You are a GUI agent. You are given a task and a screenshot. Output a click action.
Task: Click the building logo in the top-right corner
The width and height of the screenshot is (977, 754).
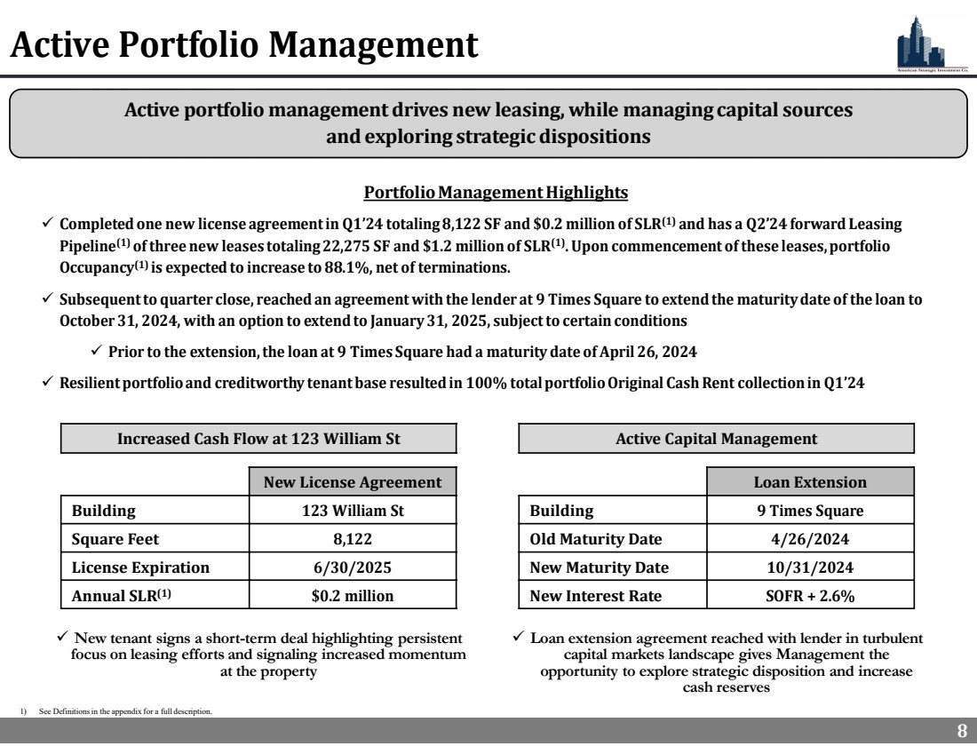919,41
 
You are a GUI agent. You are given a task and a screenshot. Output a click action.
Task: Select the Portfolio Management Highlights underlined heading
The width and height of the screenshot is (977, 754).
496,193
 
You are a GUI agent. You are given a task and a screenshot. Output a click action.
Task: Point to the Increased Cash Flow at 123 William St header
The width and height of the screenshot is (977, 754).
258,439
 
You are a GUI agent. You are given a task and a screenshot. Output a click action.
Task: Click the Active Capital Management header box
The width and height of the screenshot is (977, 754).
716,439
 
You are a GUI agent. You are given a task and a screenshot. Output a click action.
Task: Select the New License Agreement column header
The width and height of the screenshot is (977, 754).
353,482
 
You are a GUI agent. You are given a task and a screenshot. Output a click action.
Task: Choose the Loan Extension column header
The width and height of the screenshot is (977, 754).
810,482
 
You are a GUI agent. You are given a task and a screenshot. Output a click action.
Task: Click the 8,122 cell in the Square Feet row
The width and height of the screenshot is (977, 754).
353,539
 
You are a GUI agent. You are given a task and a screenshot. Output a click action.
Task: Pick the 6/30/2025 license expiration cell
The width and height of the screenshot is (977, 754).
353,567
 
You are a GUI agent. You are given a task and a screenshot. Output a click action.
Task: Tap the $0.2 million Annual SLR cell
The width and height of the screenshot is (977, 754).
353,596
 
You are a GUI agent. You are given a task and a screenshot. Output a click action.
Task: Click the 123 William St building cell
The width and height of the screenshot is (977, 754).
353,511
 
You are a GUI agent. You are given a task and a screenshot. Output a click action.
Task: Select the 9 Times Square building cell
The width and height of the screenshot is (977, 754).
810,511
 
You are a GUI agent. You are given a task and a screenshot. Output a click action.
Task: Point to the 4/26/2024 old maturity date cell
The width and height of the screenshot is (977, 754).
810,539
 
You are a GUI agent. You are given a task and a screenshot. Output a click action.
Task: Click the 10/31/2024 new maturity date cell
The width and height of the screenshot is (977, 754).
810,567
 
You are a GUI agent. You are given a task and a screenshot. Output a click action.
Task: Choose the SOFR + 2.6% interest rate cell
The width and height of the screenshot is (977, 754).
810,596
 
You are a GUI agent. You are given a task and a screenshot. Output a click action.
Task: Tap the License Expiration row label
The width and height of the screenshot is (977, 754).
140,567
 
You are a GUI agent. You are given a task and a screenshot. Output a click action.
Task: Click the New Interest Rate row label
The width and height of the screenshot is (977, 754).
595,596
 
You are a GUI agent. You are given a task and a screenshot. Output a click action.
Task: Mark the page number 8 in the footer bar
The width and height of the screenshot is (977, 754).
961,732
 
